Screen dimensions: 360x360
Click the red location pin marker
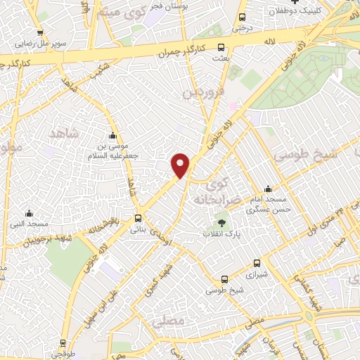(x=181, y=165)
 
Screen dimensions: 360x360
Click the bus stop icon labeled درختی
(x=243, y=18)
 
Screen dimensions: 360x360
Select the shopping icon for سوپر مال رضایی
(x=40, y=32)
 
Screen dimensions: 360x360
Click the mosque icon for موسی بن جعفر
(x=112, y=136)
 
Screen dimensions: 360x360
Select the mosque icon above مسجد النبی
(x=29, y=213)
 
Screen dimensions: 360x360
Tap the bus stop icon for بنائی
(x=138, y=218)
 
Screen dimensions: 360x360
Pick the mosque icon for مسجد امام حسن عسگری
(x=267, y=189)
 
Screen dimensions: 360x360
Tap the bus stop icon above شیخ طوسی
(x=224, y=279)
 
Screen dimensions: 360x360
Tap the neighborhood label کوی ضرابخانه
(x=224, y=190)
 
